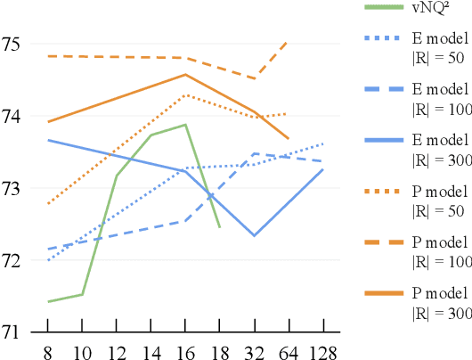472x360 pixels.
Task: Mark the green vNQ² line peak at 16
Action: coord(184,125)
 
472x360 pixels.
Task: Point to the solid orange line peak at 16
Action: coord(185,74)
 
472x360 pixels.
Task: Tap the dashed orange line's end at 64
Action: coord(287,41)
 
